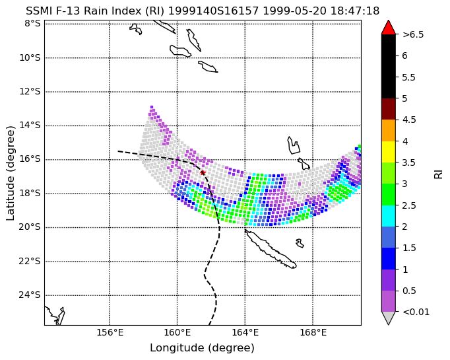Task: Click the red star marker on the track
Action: [203, 172]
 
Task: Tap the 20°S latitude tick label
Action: [30, 227]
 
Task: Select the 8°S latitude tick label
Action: [32, 23]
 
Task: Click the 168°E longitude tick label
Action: [313, 332]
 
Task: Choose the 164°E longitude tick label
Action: [245, 332]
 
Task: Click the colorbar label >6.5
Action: [413, 34]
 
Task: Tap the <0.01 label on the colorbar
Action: [416, 312]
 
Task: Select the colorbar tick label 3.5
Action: [409, 162]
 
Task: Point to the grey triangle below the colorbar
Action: [389, 317]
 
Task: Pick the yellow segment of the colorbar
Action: [389, 152]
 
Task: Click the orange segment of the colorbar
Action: [389, 130]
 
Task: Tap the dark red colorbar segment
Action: [389, 109]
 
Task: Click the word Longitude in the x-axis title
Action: [177, 348]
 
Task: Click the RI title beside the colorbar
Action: [439, 174]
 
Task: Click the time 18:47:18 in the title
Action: [355, 11]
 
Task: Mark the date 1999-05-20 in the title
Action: [295, 11]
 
